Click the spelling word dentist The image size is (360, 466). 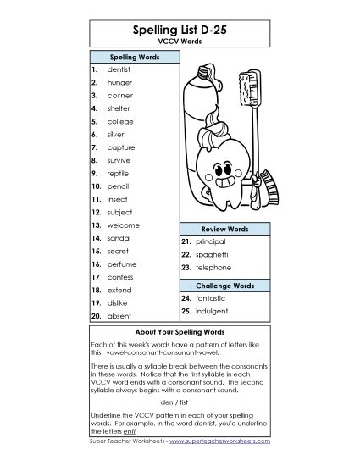[119, 69]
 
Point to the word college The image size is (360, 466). [120, 121]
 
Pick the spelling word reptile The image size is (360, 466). [119, 172]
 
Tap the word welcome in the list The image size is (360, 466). [124, 225]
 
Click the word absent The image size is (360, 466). [119, 315]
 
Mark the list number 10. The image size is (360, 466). [97, 185]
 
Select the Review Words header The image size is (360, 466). [224, 229]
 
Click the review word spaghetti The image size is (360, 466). [212, 254]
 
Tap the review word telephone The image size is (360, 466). [213, 267]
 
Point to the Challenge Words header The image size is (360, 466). [224, 286]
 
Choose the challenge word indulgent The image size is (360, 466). [213, 311]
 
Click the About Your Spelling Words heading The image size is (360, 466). [180, 331]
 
